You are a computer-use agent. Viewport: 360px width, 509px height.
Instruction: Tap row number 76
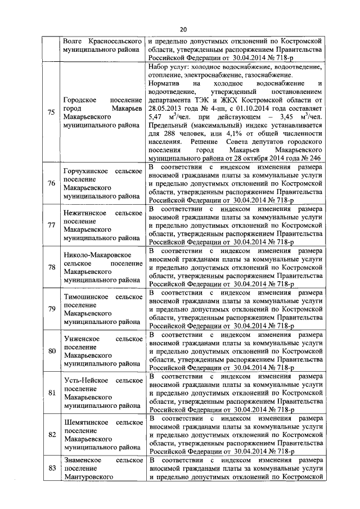(x=51, y=183)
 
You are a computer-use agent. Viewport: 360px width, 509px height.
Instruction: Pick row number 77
(x=51, y=226)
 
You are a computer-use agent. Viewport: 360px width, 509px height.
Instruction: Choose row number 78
(x=51, y=267)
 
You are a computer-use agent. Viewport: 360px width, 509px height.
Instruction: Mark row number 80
(x=51, y=352)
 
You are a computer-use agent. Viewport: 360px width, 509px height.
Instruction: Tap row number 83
(x=51, y=469)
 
